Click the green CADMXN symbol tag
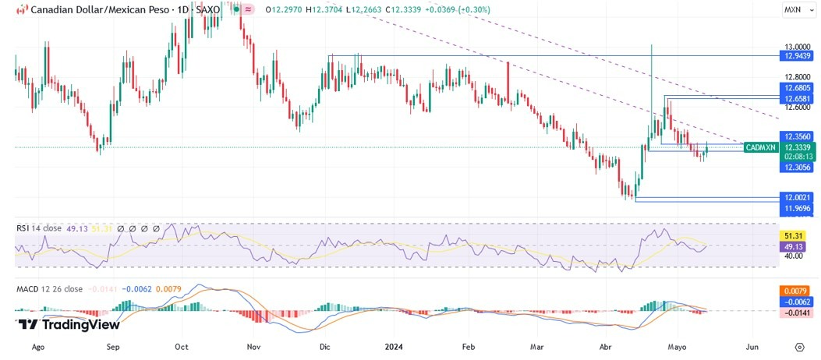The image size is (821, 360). pos(761,147)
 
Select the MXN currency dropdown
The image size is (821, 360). pos(795,10)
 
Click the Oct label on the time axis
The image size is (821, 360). pos(182,347)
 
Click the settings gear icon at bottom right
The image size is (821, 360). pos(799,347)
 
